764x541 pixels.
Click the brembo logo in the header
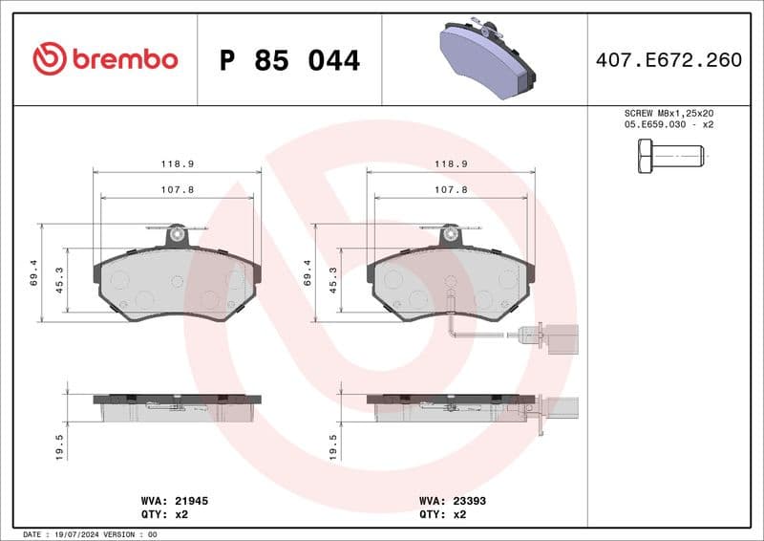click(x=105, y=59)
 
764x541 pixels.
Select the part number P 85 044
click(x=289, y=60)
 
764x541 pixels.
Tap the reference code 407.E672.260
click(x=668, y=60)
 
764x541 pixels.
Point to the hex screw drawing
click(x=669, y=155)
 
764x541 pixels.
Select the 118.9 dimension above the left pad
click(x=177, y=163)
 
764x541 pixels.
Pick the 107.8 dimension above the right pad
click(x=451, y=189)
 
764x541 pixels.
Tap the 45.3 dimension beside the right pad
click(x=333, y=278)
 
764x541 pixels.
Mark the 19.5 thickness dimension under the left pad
click(x=60, y=446)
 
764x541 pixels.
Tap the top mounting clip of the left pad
click(x=177, y=232)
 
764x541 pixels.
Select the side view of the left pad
click(x=177, y=407)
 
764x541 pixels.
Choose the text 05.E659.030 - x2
click(x=668, y=124)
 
